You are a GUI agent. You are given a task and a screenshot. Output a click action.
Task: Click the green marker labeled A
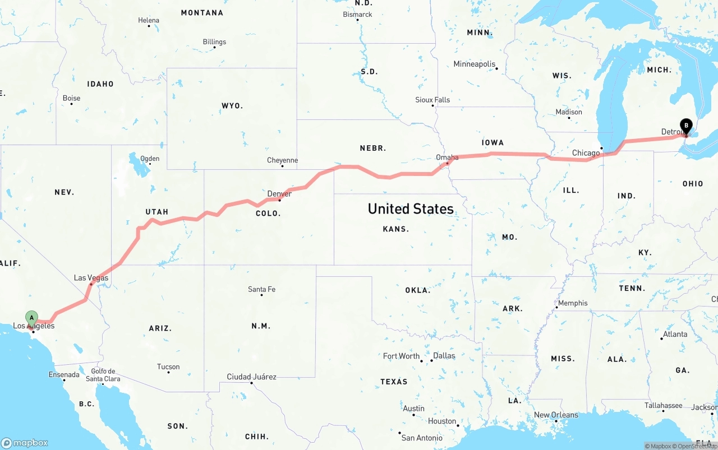(x=32, y=318)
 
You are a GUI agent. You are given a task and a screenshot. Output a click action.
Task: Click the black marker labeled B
(x=685, y=126)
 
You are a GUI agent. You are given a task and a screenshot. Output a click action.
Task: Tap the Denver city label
(x=279, y=194)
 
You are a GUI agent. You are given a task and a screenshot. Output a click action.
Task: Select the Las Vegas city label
(x=91, y=278)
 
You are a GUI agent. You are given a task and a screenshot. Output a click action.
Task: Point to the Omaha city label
(x=447, y=157)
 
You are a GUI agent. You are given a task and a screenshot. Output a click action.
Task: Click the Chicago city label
(x=586, y=153)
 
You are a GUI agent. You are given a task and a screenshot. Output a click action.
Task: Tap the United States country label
(x=411, y=209)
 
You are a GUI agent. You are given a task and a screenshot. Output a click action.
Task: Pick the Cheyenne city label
(x=282, y=160)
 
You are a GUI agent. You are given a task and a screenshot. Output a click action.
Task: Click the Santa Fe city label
(x=261, y=289)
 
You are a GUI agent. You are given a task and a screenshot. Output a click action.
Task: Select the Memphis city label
(x=573, y=303)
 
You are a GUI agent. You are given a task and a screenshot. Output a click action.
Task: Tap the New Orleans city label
(x=556, y=415)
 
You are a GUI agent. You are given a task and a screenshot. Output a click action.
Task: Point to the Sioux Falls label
(x=432, y=100)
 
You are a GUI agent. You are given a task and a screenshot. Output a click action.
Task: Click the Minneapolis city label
(x=475, y=64)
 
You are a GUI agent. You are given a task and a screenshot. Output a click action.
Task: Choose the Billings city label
(x=214, y=41)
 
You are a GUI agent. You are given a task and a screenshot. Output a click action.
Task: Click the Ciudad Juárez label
(x=251, y=377)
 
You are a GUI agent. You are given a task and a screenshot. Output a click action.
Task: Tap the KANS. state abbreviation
(x=396, y=229)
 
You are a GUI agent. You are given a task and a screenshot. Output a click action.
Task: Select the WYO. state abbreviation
(x=232, y=105)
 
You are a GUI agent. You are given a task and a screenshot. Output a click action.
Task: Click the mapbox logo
(x=25, y=443)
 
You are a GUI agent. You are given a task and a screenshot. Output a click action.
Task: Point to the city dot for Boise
(x=71, y=104)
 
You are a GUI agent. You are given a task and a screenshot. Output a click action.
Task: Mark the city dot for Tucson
(x=168, y=372)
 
